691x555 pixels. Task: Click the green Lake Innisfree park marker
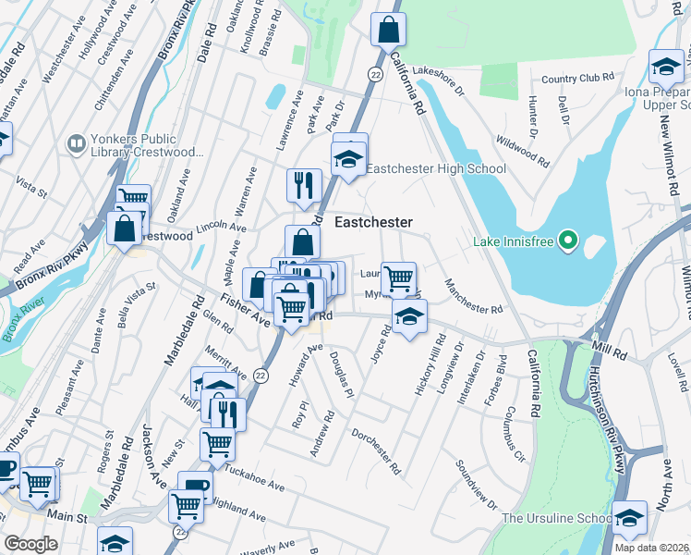click(569, 242)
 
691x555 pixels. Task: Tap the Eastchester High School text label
click(436, 168)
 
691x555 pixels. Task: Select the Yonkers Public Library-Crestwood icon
click(76, 144)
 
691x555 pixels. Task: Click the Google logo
click(30, 544)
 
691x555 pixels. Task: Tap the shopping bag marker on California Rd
click(389, 30)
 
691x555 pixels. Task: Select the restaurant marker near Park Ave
click(303, 186)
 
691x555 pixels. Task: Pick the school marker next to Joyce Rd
click(409, 317)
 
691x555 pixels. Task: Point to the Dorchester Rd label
click(376, 451)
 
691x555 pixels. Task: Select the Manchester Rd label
click(472, 296)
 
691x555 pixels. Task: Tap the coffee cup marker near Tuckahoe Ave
click(196, 487)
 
